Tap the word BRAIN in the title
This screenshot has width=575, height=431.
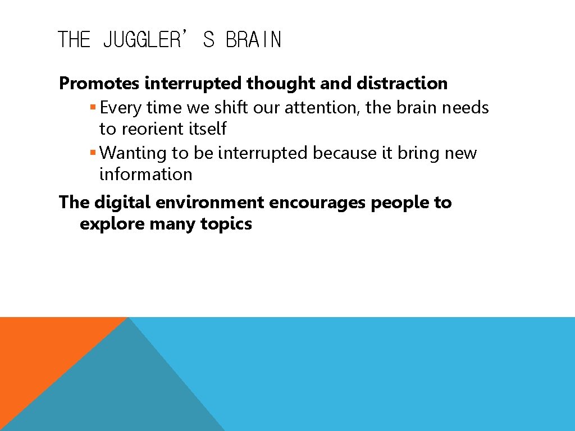click(x=253, y=40)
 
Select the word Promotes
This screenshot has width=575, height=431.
click(x=99, y=84)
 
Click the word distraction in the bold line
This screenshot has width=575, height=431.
click(x=402, y=84)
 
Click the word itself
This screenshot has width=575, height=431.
click(x=207, y=129)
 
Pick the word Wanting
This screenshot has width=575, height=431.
click(x=133, y=153)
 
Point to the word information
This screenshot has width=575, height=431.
click(x=145, y=175)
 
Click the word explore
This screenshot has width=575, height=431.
click(x=112, y=224)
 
